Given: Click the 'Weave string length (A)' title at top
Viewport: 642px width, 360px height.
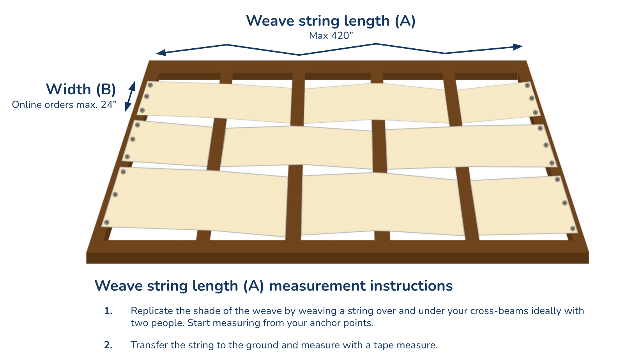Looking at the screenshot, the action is point(331,21).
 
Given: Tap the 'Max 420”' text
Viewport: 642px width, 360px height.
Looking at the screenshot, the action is point(331,36).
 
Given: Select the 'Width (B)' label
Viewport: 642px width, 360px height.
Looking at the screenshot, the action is point(81,89).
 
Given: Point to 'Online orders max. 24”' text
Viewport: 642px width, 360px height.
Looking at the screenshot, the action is point(64,105).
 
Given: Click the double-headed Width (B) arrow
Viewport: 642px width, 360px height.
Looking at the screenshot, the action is point(130,96).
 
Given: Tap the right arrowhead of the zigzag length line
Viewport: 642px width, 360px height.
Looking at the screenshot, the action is point(518,47).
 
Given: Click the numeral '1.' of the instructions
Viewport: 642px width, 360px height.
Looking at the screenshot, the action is point(108,311).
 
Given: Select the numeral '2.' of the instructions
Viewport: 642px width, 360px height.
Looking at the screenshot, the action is point(108,345).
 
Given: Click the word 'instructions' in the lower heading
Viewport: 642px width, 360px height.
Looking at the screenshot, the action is point(411,286).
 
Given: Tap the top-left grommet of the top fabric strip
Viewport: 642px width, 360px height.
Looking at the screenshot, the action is point(150,85).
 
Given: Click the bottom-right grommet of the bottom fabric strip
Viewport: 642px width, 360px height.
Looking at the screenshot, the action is point(573,228).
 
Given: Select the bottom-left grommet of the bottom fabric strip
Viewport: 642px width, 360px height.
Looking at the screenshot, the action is point(107,222).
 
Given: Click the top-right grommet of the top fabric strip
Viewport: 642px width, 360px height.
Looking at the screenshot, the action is point(527,85).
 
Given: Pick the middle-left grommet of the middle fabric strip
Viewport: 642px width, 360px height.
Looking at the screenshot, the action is point(133,139).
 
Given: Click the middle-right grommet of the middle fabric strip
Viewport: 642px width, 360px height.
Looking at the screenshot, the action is point(546,145).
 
